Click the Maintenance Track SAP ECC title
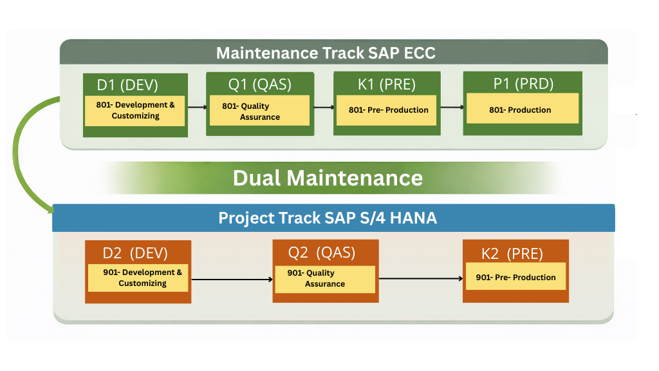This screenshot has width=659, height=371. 326,52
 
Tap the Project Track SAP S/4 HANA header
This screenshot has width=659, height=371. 328,218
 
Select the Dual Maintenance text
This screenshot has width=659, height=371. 328,178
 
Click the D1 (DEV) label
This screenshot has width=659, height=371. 127,85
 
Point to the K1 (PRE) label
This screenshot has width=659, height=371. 386,84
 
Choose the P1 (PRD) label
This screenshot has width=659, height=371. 523,84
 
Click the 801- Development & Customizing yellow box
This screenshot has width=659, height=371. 135,111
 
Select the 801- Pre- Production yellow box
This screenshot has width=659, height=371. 387,110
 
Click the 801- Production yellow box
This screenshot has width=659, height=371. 522,109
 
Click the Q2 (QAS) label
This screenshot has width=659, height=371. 326,252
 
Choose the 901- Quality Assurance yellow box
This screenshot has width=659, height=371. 325,278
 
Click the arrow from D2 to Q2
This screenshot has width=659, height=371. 232,280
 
